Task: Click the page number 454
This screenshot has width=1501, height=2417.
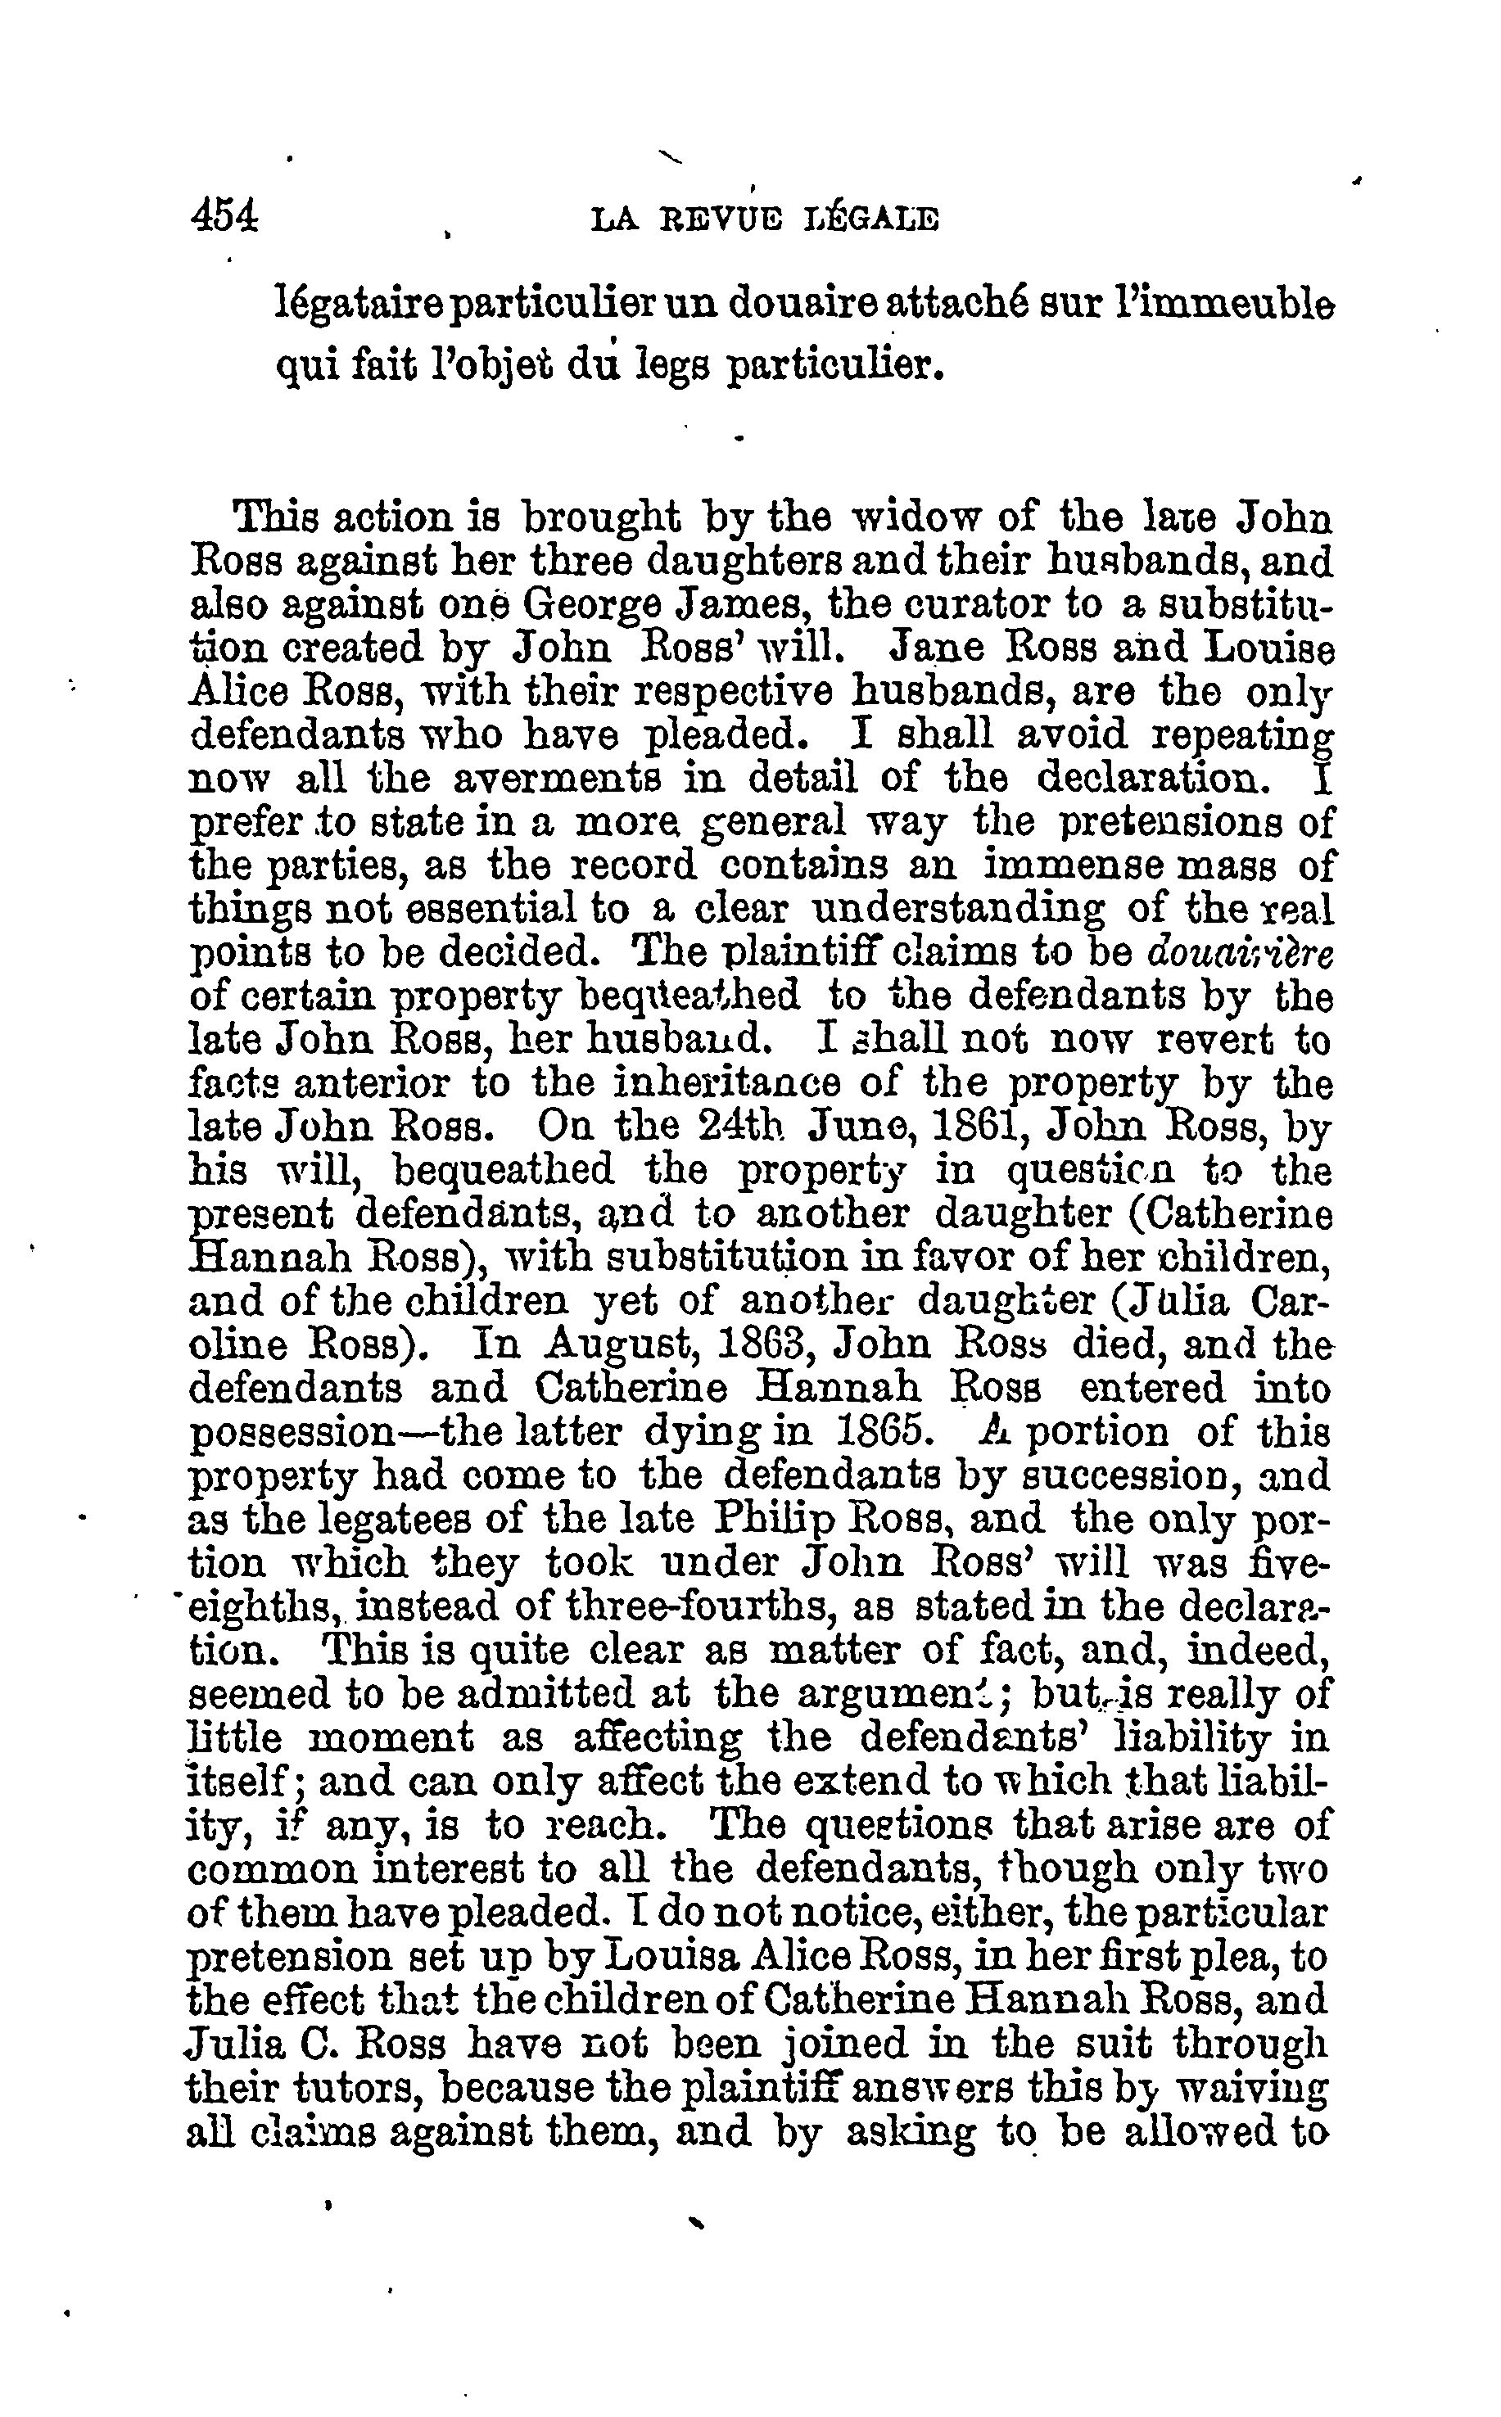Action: [224, 216]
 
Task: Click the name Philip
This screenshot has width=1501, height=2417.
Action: [773, 1520]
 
